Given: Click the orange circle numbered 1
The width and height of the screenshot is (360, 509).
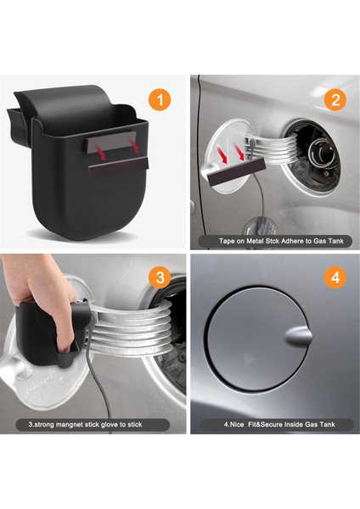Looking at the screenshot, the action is pyautogui.click(x=160, y=99).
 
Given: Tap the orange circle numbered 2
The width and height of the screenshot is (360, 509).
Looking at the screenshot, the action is pyautogui.click(x=335, y=99).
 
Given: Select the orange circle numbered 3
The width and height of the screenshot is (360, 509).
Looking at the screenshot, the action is pyautogui.click(x=160, y=277).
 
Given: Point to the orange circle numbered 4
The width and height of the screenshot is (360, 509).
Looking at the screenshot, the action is pyautogui.click(x=335, y=277).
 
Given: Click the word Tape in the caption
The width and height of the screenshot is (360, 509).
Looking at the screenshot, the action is pyautogui.click(x=227, y=241).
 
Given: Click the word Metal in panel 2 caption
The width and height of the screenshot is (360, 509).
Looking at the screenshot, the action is pyautogui.click(x=256, y=241).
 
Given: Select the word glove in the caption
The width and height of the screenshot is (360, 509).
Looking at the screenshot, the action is pyautogui.click(x=110, y=424).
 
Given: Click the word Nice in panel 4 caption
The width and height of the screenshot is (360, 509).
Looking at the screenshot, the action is pyautogui.click(x=237, y=424).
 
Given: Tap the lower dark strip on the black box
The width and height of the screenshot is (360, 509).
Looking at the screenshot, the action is pyautogui.click(x=119, y=166).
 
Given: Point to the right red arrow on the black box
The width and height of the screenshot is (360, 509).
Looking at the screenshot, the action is pyautogui.click(x=133, y=145).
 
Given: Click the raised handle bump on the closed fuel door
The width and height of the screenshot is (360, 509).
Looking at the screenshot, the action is pyautogui.click(x=298, y=337).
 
